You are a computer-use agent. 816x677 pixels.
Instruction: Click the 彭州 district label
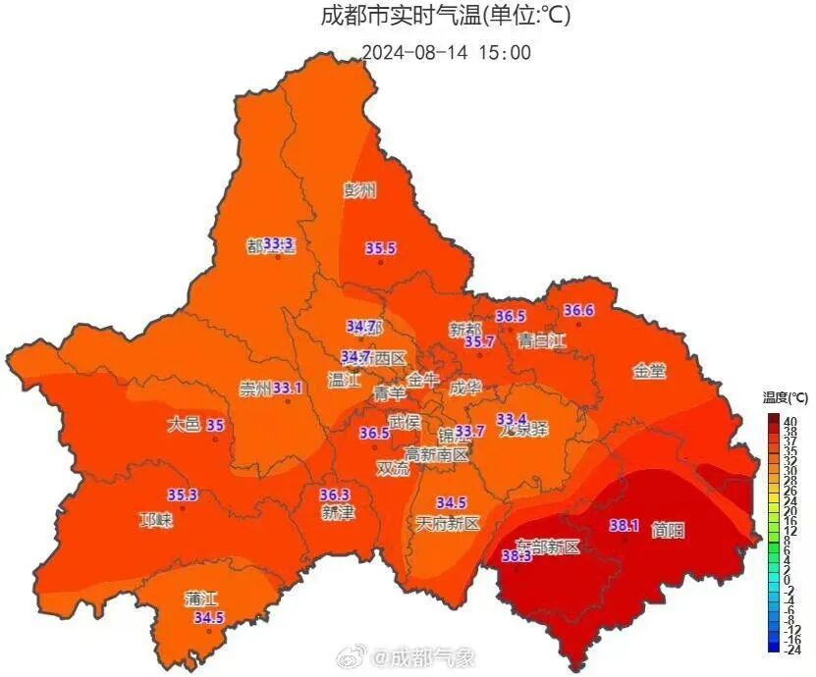(x=359, y=190)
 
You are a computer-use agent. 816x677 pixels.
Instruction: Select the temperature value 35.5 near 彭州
(x=380, y=249)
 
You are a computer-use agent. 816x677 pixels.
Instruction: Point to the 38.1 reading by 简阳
(x=625, y=525)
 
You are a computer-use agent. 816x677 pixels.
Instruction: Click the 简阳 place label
(x=668, y=531)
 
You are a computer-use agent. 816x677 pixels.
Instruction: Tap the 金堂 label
(x=649, y=372)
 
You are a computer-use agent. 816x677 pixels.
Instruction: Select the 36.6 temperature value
(x=578, y=311)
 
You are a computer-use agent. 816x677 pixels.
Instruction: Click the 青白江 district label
(x=543, y=341)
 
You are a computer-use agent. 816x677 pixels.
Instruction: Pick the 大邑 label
(x=184, y=425)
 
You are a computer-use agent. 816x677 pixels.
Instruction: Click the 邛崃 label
(x=156, y=520)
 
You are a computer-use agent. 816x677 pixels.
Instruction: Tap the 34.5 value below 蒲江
(x=208, y=618)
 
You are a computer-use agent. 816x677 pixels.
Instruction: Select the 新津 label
(x=337, y=513)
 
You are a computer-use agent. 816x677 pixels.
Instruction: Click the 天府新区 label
(x=448, y=523)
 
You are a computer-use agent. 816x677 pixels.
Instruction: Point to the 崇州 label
(x=255, y=389)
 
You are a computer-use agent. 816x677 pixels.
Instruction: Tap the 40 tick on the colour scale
(x=789, y=420)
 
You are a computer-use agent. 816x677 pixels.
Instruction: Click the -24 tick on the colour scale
(x=792, y=649)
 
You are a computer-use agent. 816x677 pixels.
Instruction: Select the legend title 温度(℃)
(x=785, y=397)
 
